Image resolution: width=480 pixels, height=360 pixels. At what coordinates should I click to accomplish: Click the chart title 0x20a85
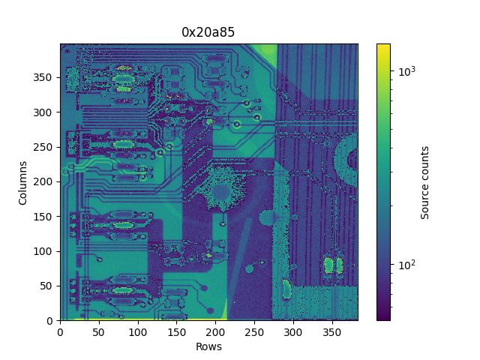click(208, 32)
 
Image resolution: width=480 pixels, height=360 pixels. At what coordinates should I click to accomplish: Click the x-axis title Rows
click(208, 346)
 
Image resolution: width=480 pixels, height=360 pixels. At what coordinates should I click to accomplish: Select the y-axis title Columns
click(22, 183)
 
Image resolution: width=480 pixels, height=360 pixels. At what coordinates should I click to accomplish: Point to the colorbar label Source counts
click(424, 183)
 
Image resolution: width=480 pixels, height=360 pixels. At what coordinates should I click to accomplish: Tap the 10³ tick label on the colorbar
click(406, 70)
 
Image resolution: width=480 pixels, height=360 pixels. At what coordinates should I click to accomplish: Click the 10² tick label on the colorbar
click(406, 264)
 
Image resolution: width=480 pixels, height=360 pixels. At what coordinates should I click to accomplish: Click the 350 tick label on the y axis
click(43, 77)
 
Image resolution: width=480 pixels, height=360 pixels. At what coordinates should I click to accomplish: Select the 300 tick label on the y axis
click(43, 112)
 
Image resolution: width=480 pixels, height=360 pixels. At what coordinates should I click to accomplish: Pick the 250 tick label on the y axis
click(43, 147)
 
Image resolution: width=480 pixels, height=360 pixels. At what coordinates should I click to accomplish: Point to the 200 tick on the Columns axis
click(43, 181)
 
